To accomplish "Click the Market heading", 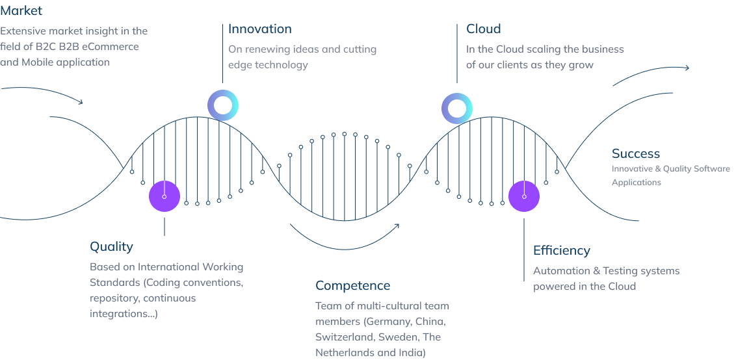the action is (x=21, y=10).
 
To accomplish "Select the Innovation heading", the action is (x=260, y=29).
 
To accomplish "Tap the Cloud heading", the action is (x=484, y=29).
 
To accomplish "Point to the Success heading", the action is (x=636, y=153).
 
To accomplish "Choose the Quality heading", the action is (x=111, y=247).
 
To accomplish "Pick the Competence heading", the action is (x=352, y=285).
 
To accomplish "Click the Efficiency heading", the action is (x=561, y=250).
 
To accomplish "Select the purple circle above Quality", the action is (x=164, y=196).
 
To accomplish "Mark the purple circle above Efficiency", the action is (x=524, y=196).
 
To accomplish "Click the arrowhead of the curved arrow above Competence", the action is (x=397, y=225).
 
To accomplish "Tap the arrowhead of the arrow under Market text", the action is (x=81, y=102).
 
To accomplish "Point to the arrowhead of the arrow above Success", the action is (x=687, y=68).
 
